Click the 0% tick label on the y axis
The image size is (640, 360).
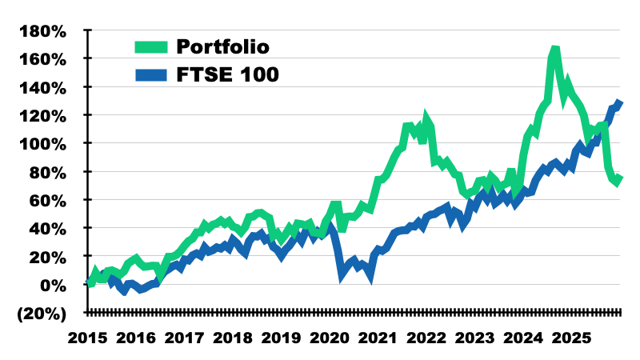[53, 285]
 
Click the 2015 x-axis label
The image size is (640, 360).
[87, 339]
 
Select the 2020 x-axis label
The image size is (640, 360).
[330, 339]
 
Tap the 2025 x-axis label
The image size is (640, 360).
[573, 339]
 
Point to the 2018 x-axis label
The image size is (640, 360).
[233, 339]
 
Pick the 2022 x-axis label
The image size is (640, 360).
[427, 339]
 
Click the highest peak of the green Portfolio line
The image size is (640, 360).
[554, 50]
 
